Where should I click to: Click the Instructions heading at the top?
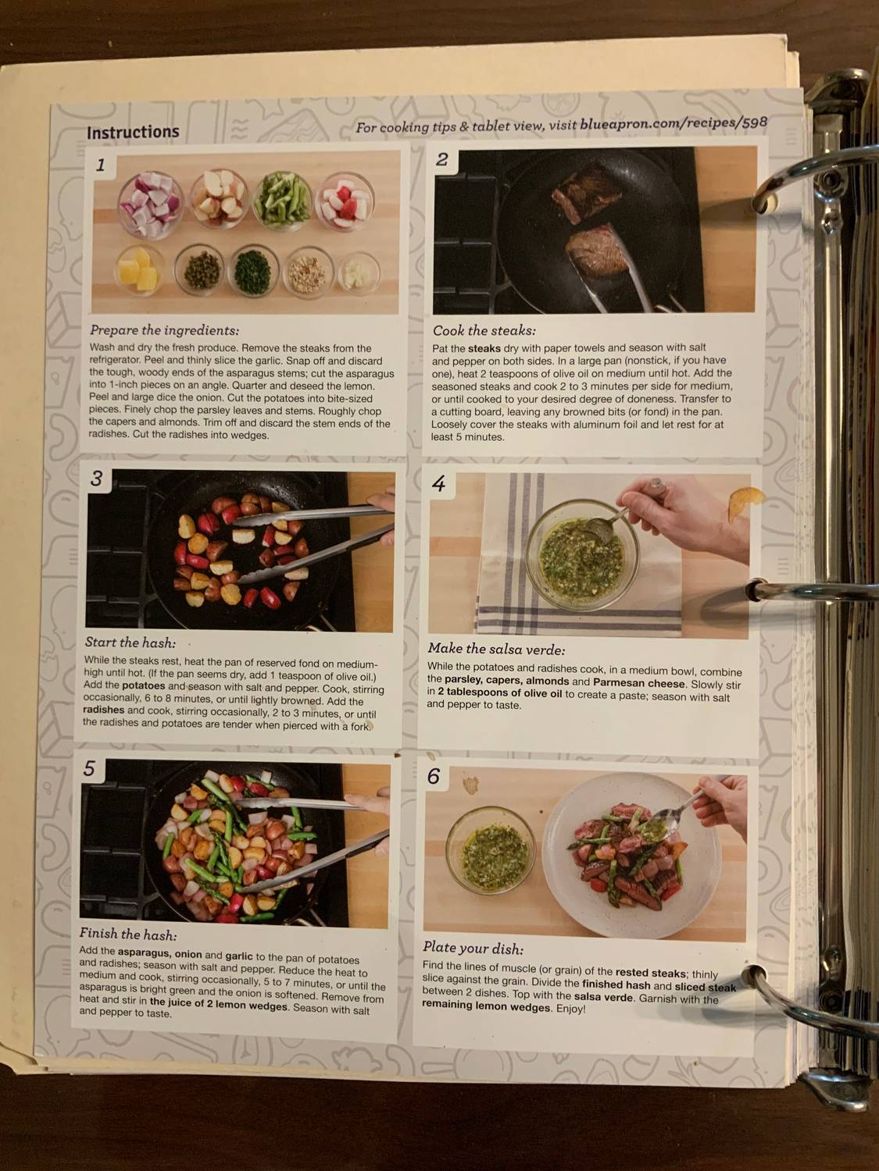click(x=133, y=133)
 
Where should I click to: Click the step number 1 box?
click(x=101, y=165)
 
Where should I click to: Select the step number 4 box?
click(x=439, y=484)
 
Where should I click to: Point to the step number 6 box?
click(x=434, y=776)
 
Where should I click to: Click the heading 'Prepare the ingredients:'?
click(x=164, y=330)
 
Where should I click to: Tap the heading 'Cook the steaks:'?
click(x=484, y=330)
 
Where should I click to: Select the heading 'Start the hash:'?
click(x=130, y=642)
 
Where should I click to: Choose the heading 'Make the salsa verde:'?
click(x=496, y=649)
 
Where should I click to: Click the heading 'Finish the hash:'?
click(x=127, y=934)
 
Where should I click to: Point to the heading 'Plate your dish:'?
click(x=473, y=949)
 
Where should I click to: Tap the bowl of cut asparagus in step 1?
click(x=283, y=200)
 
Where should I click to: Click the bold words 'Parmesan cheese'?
click(x=638, y=682)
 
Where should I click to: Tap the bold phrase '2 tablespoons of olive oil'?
click(x=499, y=693)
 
